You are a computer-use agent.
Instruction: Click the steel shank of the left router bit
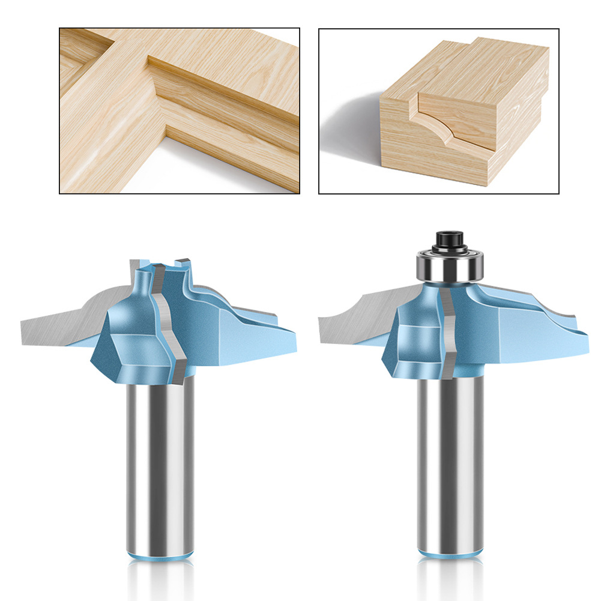click(x=160, y=456)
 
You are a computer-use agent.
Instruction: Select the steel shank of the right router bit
click(x=451, y=456)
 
